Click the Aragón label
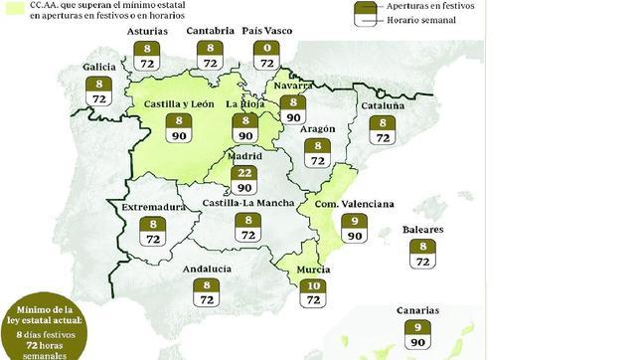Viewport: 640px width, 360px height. coord(318,128)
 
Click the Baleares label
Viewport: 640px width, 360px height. coord(422,230)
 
